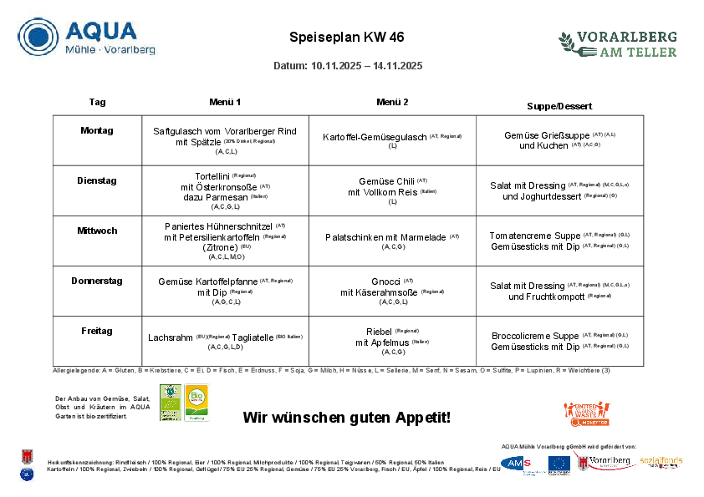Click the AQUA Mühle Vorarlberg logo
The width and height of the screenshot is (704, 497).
[x=87, y=38]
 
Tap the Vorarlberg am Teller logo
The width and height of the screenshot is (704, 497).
[x=617, y=44]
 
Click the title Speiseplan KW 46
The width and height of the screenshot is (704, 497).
[x=347, y=38]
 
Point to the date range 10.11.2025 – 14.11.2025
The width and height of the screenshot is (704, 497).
[x=347, y=66]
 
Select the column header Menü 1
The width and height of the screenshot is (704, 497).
[x=225, y=102]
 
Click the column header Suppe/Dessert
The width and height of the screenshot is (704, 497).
[x=559, y=106]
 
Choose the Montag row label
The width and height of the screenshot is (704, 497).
[x=97, y=130]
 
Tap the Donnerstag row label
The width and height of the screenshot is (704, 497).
[x=97, y=281]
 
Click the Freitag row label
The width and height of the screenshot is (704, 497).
[x=97, y=331]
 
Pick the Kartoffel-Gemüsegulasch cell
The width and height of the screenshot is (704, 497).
[x=375, y=136]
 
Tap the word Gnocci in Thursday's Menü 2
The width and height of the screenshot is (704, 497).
[x=385, y=281]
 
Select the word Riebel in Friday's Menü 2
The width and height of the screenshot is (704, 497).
[x=380, y=332]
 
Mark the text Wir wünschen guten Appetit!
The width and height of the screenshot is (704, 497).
[x=347, y=417]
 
